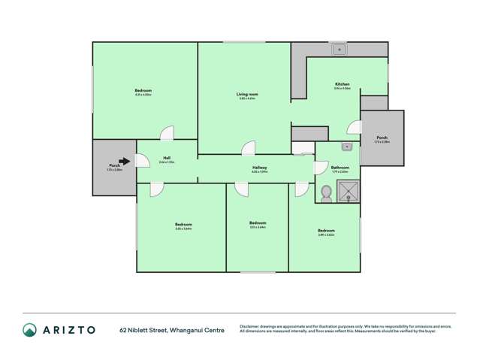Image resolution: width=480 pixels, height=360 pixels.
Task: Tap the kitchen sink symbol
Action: [340, 50]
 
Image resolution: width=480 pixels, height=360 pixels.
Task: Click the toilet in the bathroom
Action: [326, 194]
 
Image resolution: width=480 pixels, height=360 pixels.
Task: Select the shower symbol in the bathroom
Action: [348, 191]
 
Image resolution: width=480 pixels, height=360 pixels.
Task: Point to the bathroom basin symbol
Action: [347, 147]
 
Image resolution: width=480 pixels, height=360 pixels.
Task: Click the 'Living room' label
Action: [247, 94]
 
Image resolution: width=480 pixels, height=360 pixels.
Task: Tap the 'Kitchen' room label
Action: [342, 84]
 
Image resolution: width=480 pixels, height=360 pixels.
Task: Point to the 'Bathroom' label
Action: [340, 168]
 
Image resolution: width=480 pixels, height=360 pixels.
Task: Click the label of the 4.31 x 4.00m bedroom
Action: [143, 91]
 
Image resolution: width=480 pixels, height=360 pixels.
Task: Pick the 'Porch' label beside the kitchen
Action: [382, 138]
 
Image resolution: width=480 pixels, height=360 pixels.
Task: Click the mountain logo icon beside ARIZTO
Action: [29, 329]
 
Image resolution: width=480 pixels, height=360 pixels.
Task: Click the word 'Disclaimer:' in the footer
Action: [252, 326]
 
